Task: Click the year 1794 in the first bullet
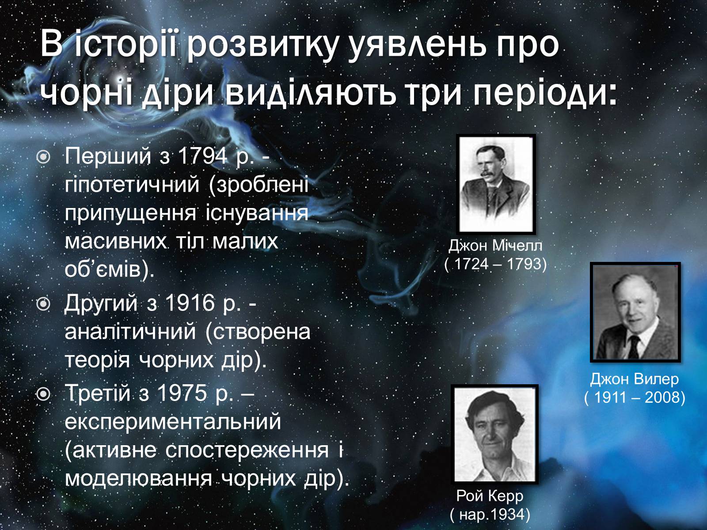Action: tap(202, 156)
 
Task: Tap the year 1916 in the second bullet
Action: tap(190, 303)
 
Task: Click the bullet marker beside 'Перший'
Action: tap(43, 157)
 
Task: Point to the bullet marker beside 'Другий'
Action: tap(43, 304)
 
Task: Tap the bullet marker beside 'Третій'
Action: tap(43, 394)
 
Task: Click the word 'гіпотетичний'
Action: tap(132, 186)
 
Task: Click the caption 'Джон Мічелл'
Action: tap(495, 246)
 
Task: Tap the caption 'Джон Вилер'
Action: tap(635, 379)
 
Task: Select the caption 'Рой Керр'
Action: tap(490, 496)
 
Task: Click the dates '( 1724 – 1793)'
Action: tap(495, 264)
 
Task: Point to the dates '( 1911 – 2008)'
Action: tap(635, 397)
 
